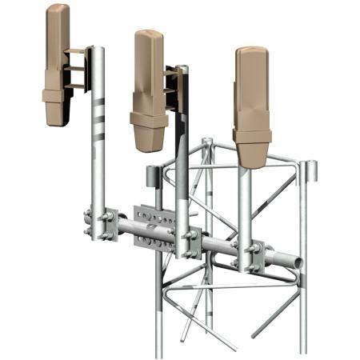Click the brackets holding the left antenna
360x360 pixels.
point(77,70)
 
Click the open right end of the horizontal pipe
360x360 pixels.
point(296,263)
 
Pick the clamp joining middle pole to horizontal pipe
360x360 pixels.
point(189,241)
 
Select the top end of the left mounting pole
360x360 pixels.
point(98,50)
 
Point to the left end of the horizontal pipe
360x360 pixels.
point(89,216)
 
